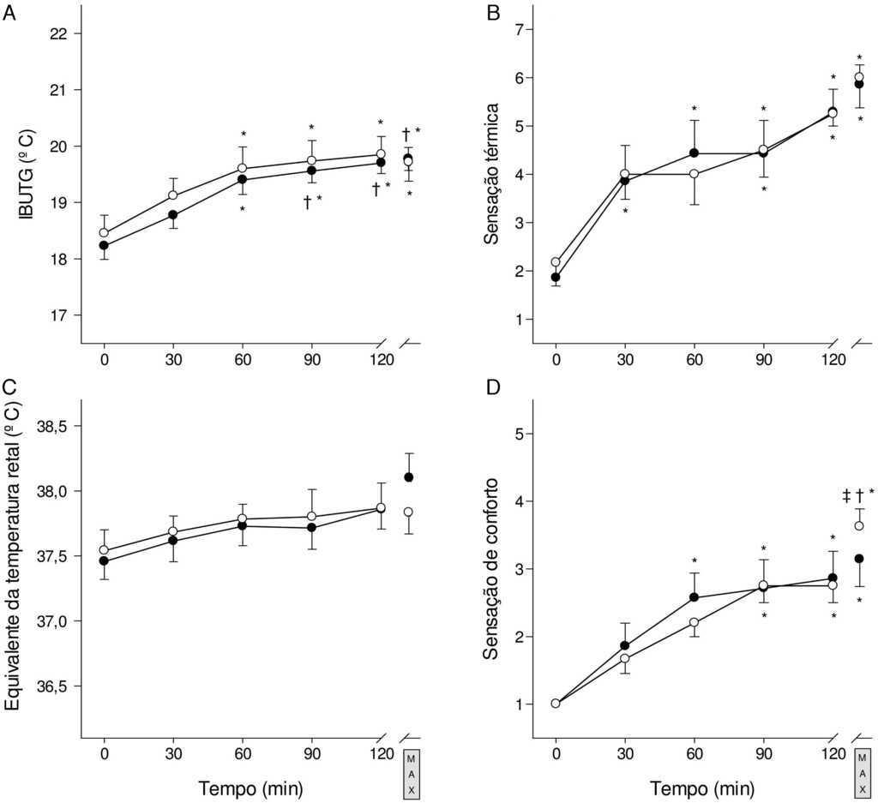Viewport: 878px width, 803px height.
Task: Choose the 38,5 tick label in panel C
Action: click(52, 426)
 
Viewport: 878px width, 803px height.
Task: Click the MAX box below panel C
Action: click(411, 775)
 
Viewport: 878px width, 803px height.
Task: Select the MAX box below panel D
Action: click(863, 775)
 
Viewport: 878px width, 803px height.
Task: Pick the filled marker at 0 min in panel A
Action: click(105, 245)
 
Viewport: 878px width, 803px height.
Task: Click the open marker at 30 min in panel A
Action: click(173, 195)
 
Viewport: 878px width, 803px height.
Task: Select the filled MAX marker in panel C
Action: click(409, 477)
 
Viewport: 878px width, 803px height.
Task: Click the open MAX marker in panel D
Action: click(859, 525)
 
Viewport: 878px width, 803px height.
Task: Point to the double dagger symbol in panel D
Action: click(845, 494)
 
